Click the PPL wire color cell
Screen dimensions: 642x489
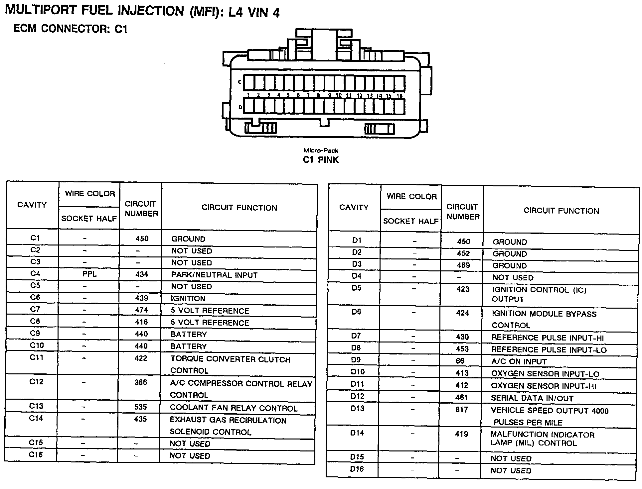(x=89, y=274)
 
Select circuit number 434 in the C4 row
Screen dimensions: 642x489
(x=141, y=274)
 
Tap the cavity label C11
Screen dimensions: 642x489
(x=37, y=357)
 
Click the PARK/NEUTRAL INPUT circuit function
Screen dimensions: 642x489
(x=214, y=275)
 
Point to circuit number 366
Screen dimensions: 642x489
(x=141, y=382)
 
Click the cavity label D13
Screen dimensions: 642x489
(x=357, y=409)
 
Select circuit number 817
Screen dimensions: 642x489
(x=462, y=410)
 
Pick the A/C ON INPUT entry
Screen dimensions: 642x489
(x=519, y=361)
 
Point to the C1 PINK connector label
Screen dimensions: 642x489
(x=321, y=160)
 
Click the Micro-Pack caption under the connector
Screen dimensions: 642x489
(x=321, y=151)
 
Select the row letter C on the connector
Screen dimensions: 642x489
(x=240, y=82)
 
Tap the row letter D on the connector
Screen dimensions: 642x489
(x=240, y=107)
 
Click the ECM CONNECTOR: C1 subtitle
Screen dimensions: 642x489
(x=70, y=29)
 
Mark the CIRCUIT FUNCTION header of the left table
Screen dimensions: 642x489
(x=239, y=208)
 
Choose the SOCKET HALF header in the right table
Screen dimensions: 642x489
(x=411, y=221)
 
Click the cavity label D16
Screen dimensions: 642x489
(x=357, y=469)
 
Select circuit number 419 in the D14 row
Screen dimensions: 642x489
(x=461, y=434)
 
